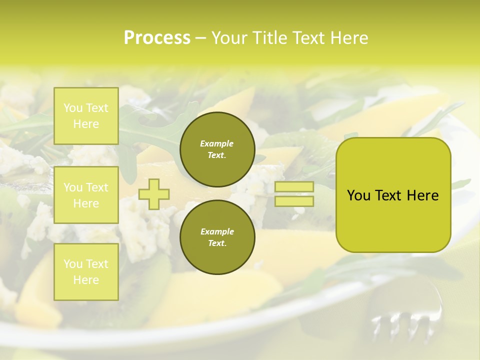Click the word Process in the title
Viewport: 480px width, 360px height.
coord(157,38)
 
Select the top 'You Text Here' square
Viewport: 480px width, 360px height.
coord(86,116)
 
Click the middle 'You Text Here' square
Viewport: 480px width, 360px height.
coord(86,195)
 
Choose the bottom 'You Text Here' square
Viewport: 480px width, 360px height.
coord(86,271)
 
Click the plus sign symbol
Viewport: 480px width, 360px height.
coord(154,194)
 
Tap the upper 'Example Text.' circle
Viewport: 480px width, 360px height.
coord(217,149)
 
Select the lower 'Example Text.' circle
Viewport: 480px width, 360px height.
coord(217,237)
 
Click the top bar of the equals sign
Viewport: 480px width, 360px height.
coord(294,187)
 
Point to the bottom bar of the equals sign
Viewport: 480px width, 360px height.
coord(294,201)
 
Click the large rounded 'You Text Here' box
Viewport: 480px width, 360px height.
coord(393,195)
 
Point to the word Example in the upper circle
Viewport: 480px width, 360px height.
coord(217,143)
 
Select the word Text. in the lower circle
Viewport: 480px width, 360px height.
coord(217,243)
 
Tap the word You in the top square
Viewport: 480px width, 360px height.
coord(72,108)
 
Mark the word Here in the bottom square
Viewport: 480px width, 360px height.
coord(86,280)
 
